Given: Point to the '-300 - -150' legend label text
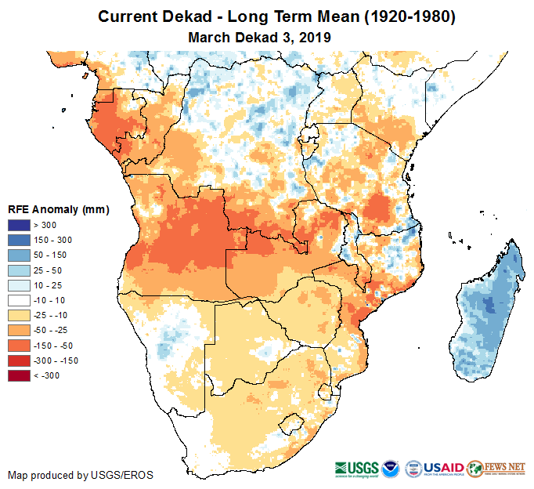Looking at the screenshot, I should pyautogui.click(x=56, y=360).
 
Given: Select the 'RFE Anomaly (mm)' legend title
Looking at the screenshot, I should pyautogui.click(x=58, y=209).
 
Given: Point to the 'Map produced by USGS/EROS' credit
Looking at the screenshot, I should pyautogui.click(x=81, y=475).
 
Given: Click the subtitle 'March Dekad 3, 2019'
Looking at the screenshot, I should pyautogui.click(x=260, y=37).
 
